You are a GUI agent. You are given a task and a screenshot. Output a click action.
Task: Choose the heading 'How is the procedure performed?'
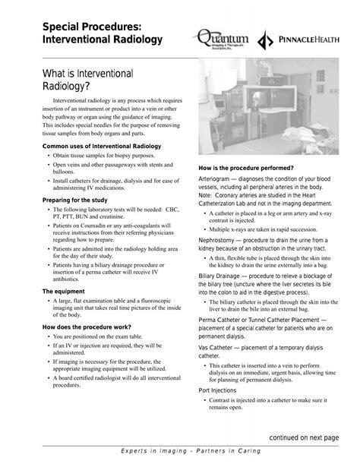pos(245,167)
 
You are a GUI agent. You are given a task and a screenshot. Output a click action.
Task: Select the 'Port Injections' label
pos(218,390)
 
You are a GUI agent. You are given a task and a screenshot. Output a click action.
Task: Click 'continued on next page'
pos(305,438)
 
